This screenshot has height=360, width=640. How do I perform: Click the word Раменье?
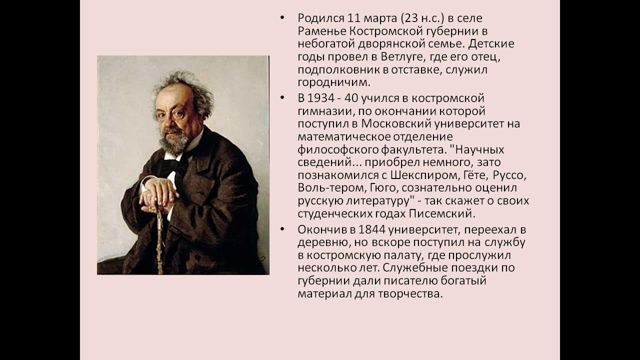tap(319, 31)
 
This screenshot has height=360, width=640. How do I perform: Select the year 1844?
tap(363, 230)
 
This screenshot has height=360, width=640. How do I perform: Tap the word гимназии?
tap(322, 110)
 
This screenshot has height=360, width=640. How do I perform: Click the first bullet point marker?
tap(283, 18)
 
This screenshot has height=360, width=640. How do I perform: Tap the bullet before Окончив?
tap(283, 230)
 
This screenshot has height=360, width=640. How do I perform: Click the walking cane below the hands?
tap(160, 240)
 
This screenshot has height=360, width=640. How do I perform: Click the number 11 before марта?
tap(340, 18)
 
